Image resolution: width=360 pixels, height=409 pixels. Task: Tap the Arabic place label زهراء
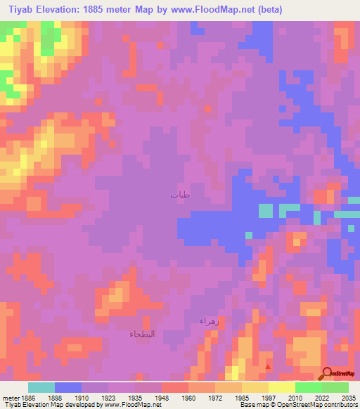[210, 320]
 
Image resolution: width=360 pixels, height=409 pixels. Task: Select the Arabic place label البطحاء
[144, 334]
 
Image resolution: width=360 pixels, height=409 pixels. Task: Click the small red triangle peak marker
[267, 365]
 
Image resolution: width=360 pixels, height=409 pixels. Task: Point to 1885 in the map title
[105, 9]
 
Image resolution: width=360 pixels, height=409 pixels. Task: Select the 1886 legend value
[28, 397]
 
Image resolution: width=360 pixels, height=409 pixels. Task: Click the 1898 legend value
[54, 397]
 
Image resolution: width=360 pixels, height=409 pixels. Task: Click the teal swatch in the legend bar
[41, 387]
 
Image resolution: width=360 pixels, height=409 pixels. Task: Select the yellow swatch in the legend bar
[281, 387]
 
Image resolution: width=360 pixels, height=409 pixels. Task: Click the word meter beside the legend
[9, 397]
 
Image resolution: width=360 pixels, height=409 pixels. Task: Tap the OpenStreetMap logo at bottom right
[340, 373]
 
